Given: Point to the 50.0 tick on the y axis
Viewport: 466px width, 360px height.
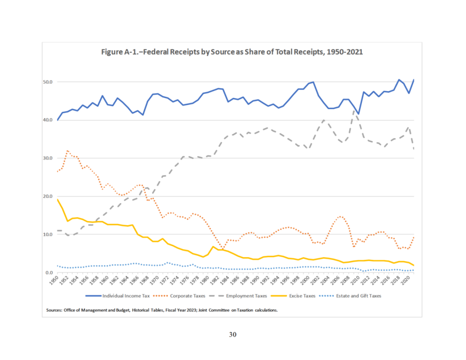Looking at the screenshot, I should pyautogui.click(x=49, y=82).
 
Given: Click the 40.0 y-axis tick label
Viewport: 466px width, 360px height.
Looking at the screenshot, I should pyautogui.click(x=49, y=120).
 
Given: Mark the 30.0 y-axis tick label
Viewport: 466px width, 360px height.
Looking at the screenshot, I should pyautogui.click(x=49, y=158).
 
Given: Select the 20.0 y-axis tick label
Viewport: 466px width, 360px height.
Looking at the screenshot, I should pyautogui.click(x=49, y=196).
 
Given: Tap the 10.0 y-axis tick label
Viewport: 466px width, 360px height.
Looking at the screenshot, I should pyautogui.click(x=49, y=235).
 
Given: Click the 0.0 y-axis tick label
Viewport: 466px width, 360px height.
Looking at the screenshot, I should pyautogui.click(x=50, y=273).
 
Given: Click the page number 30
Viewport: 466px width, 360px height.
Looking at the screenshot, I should pyautogui.click(x=233, y=335).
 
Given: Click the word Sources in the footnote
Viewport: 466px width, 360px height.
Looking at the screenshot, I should pyautogui.click(x=54, y=310).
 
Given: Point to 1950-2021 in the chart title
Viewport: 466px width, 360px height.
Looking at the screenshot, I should pyautogui.click(x=345, y=52).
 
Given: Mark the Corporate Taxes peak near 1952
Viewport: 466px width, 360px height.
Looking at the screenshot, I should pyautogui.click(x=67, y=151).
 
